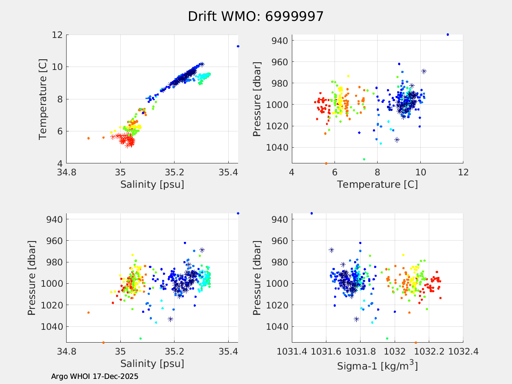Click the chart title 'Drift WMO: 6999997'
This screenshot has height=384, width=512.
point(256,16)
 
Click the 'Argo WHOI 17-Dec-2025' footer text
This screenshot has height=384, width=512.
point(95,377)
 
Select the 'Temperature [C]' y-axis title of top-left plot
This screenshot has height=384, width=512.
point(43,99)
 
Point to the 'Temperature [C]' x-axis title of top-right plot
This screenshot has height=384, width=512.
point(377,184)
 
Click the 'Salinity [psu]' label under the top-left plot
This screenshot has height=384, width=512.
point(152,184)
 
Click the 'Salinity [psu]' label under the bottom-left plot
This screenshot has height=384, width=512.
point(152,364)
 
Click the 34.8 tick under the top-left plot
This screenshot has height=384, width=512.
point(67,173)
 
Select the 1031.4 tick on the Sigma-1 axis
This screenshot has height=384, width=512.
point(292,352)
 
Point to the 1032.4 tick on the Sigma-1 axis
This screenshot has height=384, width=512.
point(463,352)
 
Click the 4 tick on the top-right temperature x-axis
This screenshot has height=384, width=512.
point(292,173)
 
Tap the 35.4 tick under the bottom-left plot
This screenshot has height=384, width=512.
point(228,352)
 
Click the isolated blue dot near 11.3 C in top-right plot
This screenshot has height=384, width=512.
point(448,35)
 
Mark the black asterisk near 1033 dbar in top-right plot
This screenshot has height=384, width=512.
point(397,140)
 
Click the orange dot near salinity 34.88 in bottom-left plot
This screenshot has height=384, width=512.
point(88,313)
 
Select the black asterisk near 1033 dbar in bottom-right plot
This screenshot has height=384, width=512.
point(356,319)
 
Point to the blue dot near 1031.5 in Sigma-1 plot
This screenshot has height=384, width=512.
point(311,213)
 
